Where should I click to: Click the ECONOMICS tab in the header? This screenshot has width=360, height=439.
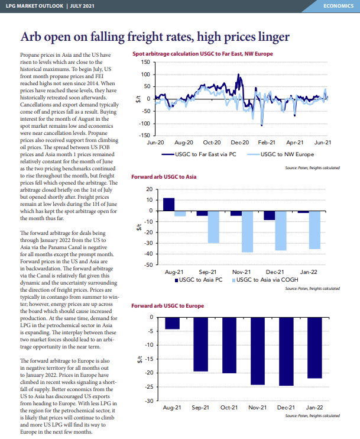click(x=338, y=6)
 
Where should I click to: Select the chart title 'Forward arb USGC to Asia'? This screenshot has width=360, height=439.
click(x=164, y=177)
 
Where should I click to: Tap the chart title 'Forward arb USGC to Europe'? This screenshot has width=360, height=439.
click(x=167, y=306)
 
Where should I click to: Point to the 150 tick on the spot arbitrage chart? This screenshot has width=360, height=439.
click(x=145, y=62)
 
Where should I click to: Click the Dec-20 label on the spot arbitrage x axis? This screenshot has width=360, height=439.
click(x=240, y=143)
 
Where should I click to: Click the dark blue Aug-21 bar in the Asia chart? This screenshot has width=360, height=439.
click(x=168, y=204)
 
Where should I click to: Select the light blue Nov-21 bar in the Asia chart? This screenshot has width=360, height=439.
click(x=247, y=232)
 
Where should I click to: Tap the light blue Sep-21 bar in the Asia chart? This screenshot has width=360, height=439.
click(x=214, y=227)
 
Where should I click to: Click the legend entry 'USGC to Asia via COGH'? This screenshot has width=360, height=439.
click(x=265, y=280)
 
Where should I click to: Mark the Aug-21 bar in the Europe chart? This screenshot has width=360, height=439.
click(x=172, y=324)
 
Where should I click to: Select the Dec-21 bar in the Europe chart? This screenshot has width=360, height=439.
click(x=286, y=351)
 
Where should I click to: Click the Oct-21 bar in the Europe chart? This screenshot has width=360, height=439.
click(x=229, y=345)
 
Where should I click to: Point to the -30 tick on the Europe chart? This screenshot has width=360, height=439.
click(x=149, y=401)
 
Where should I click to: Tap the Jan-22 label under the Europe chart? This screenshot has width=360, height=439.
click(x=314, y=408)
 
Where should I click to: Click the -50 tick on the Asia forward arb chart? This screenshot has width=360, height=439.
click(x=148, y=264)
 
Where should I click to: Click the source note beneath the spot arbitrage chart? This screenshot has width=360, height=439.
click(x=313, y=167)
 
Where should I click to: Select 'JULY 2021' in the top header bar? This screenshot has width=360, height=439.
click(x=82, y=6)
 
